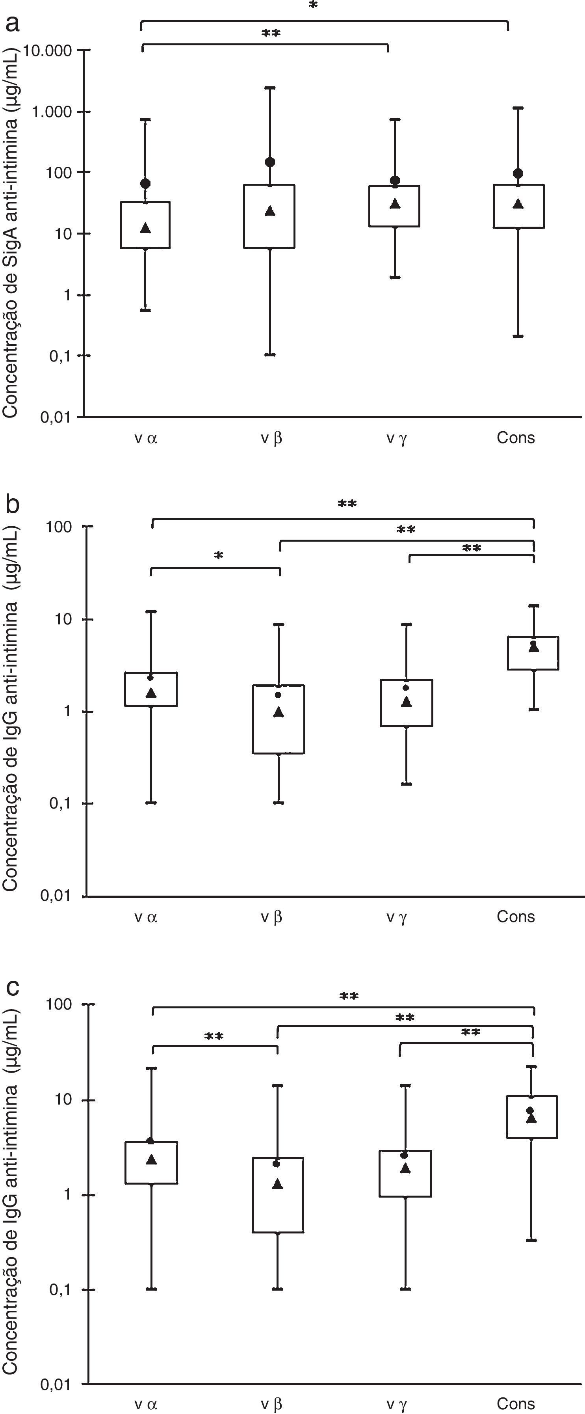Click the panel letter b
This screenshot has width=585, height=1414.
[12, 503]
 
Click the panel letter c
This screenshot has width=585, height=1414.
[12, 986]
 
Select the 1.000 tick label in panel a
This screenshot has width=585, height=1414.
[52, 112]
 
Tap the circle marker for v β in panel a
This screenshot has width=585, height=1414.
[270, 162]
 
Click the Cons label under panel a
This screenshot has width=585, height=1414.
[515, 438]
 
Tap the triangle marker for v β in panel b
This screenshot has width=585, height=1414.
[279, 712]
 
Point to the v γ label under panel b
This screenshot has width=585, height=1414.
[396, 916]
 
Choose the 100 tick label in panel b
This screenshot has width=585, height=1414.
[59, 527]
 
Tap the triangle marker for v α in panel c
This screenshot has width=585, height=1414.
[151, 1159]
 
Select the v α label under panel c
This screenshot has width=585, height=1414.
[146, 1404]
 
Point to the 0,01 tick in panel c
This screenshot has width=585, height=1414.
[56, 1384]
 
